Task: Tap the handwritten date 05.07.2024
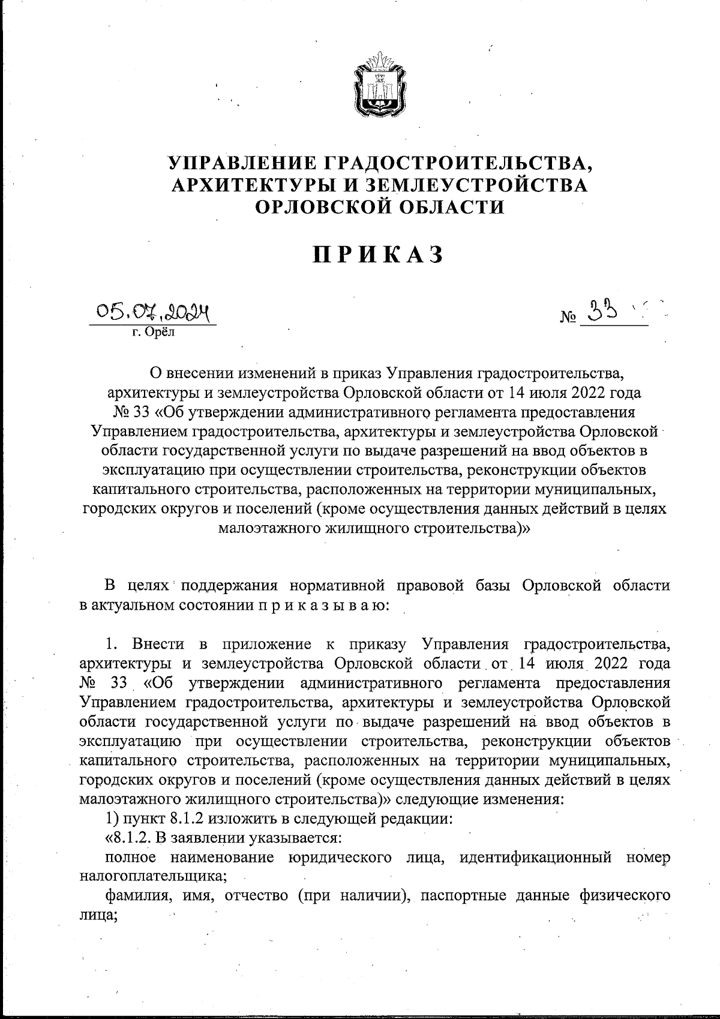point(152,312)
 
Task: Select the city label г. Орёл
point(153,332)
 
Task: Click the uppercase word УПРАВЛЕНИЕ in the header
point(242,163)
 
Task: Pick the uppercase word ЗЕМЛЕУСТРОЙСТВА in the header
point(475,184)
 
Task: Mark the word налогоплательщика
point(153,876)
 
